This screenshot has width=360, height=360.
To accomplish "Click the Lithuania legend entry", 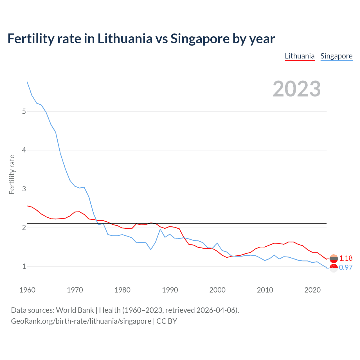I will [300, 56].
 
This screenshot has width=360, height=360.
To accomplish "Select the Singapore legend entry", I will [336, 56].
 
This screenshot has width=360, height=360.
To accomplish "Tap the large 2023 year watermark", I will [296, 89].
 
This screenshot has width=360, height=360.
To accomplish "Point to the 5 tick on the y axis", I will [24, 111].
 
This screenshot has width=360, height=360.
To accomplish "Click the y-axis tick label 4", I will [24, 150].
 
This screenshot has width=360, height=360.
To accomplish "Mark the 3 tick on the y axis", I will [24, 189].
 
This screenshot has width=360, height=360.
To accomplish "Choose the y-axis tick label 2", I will [24, 228].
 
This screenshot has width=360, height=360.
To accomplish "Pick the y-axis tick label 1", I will [24, 266].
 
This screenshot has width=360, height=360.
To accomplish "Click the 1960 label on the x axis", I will [27, 290].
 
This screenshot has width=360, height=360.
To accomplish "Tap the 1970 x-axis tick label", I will [75, 290].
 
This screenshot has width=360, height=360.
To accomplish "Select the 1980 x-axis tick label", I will [122, 290].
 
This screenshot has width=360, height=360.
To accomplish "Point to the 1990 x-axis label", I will [170, 290].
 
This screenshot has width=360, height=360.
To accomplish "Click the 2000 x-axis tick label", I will [217, 290].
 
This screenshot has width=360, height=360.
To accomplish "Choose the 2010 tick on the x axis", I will [265, 290].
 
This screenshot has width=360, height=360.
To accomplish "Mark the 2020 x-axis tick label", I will [312, 290].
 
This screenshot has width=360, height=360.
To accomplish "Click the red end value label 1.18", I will [346, 258].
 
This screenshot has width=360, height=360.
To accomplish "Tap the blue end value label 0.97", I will [346, 267].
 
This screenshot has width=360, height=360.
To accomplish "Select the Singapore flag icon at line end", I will [334, 268].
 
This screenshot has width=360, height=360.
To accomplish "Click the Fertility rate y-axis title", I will [12, 174].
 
